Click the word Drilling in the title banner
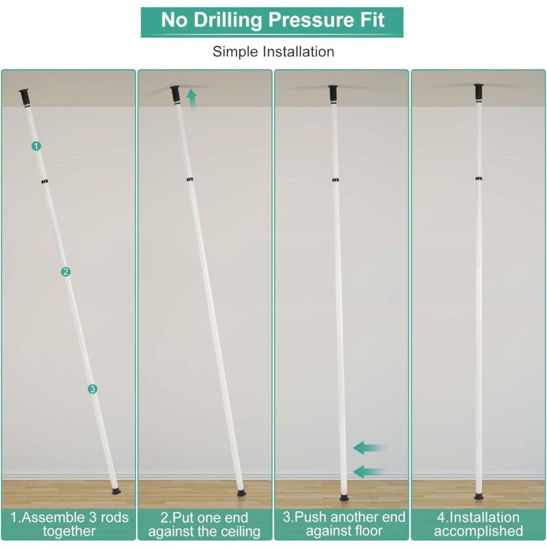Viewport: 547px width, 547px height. (227, 21)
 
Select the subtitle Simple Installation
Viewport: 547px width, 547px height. (273, 52)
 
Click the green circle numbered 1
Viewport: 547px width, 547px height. (36, 146)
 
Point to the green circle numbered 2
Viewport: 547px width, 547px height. (66, 271)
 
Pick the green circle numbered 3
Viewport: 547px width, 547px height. (92, 389)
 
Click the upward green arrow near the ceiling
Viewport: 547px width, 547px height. (191, 99)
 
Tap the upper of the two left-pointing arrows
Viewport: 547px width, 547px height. (370, 448)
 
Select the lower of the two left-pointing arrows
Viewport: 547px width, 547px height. (370, 472)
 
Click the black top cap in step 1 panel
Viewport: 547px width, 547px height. (25, 98)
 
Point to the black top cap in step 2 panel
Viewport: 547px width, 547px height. (175, 94)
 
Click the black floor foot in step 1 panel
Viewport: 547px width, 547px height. (116, 492)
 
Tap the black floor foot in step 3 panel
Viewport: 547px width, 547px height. (345, 498)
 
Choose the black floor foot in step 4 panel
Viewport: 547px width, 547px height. (479, 496)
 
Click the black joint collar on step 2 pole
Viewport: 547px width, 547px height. (190, 180)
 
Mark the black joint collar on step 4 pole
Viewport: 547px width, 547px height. (479, 178)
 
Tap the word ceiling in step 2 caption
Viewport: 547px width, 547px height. (239, 532)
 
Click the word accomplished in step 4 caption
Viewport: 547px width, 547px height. (478, 531)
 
